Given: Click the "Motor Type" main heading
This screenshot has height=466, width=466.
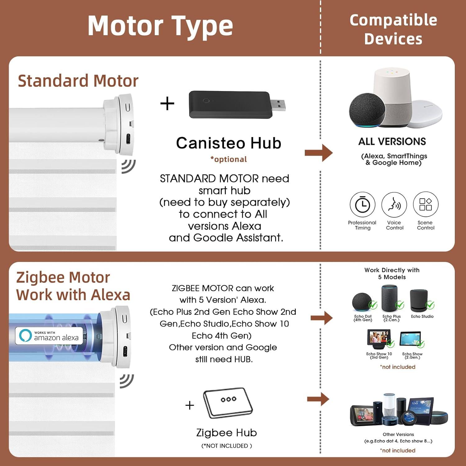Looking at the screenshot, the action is (x=160, y=26).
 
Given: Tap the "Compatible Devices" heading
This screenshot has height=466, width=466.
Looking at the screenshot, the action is (x=393, y=29).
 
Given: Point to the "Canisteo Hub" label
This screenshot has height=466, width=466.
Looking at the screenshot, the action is (x=229, y=143).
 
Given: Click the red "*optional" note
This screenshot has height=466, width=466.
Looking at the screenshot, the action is (x=229, y=159).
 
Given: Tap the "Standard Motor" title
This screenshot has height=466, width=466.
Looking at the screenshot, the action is (x=78, y=81).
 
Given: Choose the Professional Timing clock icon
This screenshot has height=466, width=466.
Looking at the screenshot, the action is (x=363, y=204).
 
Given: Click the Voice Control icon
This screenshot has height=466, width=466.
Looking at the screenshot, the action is (x=394, y=204).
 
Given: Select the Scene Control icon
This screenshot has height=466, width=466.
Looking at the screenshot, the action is (x=426, y=204).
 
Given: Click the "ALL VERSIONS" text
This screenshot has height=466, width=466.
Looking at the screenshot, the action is (x=392, y=142).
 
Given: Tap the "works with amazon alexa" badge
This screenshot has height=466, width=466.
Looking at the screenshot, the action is (x=49, y=336).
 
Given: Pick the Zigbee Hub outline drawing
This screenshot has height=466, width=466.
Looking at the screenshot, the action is (x=228, y=403).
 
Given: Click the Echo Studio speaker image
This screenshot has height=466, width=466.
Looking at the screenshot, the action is (x=419, y=301).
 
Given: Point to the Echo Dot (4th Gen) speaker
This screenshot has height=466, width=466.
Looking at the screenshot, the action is (x=362, y=301).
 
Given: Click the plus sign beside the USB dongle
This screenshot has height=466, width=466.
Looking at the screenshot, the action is (x=167, y=103).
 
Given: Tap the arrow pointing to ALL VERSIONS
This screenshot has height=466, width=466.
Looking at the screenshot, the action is (x=319, y=153).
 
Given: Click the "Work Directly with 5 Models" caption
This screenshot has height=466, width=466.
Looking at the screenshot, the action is (x=392, y=274).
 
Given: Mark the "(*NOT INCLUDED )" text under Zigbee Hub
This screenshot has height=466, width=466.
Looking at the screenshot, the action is (x=227, y=446).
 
